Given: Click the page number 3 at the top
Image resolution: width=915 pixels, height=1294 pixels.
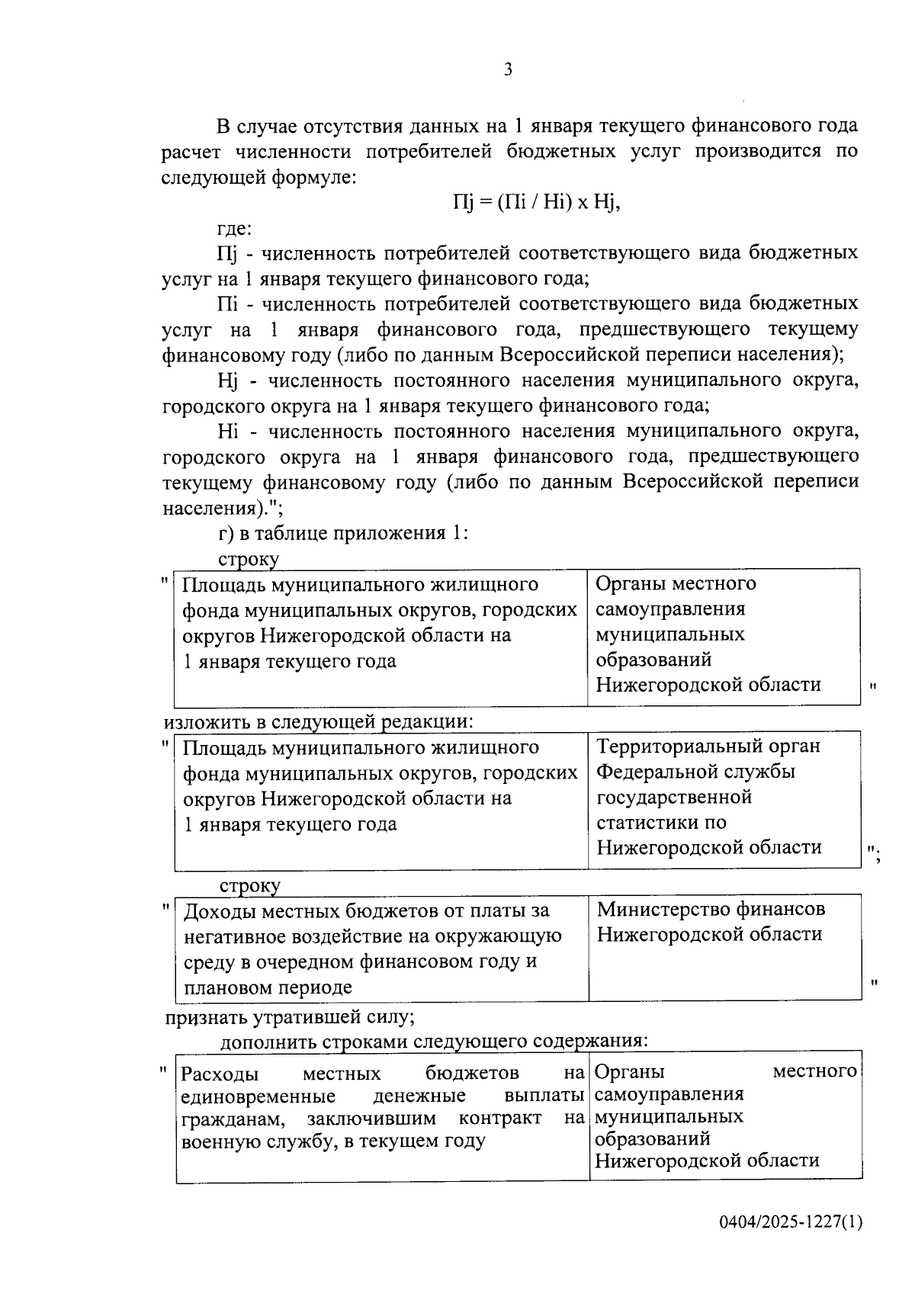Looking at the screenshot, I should click(x=508, y=70).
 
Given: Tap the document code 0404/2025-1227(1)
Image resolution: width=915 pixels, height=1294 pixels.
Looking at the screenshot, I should click(x=791, y=1222).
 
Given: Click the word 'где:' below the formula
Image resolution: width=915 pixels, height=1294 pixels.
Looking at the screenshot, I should click(x=234, y=228).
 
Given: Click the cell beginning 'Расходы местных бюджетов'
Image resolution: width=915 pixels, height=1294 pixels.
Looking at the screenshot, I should click(x=381, y=1106).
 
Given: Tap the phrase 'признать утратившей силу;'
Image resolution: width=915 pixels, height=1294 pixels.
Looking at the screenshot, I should click(x=291, y=1017).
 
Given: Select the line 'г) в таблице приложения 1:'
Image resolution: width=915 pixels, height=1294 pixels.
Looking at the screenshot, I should click(x=342, y=532).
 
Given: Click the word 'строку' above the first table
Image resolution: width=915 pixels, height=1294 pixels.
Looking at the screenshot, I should click(x=249, y=558).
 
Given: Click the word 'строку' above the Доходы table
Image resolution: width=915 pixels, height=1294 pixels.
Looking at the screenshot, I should click(x=249, y=885).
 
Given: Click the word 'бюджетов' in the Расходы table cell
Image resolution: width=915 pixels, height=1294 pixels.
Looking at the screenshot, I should click(x=472, y=1074).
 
